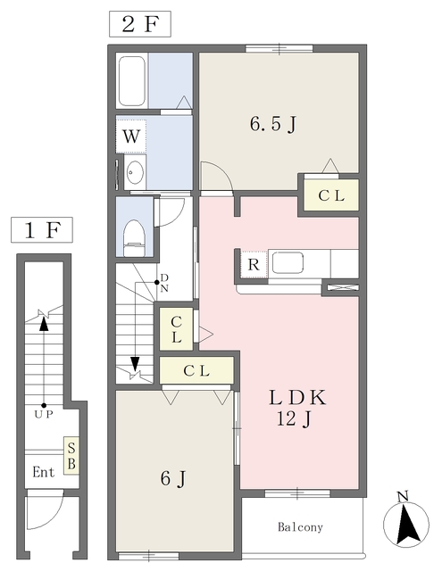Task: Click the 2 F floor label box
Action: (140, 24)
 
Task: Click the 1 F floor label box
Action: (42, 230)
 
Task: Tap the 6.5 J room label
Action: (272, 124)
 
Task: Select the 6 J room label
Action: (173, 478)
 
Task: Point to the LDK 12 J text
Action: (296, 408)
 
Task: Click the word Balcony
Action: (300, 527)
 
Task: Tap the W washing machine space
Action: (131, 137)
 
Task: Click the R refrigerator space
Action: (254, 265)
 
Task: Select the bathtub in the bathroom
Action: (131, 80)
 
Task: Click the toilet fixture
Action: (135, 238)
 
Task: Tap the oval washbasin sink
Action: (135, 172)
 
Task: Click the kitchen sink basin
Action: (288, 262)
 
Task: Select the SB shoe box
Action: (71, 456)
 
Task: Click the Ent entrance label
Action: (44, 472)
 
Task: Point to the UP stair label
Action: (44, 414)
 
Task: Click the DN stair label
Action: (164, 283)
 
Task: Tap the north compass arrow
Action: (406, 525)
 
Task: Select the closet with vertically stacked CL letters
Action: (177, 329)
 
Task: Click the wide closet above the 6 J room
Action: (196, 370)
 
